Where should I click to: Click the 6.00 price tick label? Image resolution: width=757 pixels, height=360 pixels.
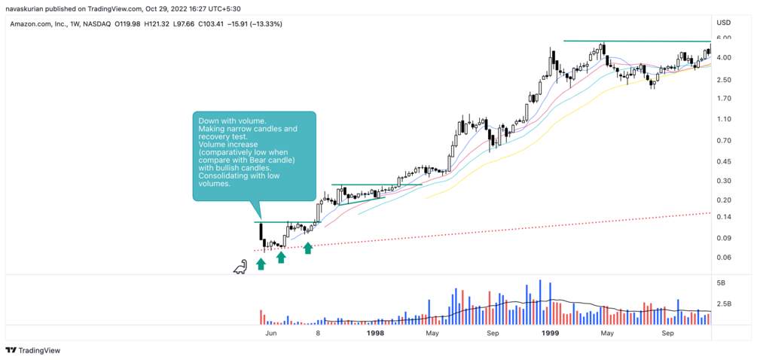[724, 38]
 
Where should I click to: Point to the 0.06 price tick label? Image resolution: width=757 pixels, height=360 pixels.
[724, 258]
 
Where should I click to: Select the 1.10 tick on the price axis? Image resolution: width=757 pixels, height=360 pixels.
[724, 120]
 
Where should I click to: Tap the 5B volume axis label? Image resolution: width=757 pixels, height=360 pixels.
[721, 283]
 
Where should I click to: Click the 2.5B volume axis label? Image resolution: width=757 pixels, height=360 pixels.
[724, 304]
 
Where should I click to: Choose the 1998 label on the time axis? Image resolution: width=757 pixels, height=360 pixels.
[374, 332]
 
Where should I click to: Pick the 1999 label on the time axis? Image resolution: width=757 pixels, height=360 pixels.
[551, 332]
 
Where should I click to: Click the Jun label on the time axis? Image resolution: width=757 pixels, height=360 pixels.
[272, 332]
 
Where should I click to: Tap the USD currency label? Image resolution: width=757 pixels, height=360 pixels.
[724, 23]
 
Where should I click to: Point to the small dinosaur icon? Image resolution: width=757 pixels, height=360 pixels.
[240, 266]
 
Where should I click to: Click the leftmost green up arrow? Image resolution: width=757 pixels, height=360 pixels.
[261, 264]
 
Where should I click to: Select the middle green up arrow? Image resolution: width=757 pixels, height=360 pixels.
[281, 257]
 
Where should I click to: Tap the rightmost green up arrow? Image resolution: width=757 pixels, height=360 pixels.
[307, 248]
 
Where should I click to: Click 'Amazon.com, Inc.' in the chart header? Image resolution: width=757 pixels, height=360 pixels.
[37, 24]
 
